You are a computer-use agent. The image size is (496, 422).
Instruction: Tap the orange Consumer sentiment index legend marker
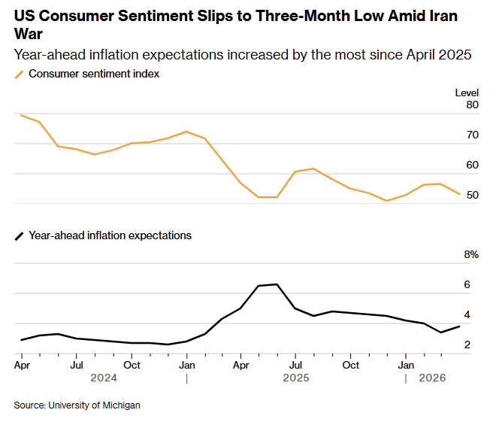(x=20, y=74)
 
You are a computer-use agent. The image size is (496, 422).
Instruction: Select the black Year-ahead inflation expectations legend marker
(x=20, y=236)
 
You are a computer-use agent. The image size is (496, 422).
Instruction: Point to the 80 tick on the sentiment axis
(x=472, y=105)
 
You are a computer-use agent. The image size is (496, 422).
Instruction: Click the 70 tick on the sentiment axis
(x=472, y=135)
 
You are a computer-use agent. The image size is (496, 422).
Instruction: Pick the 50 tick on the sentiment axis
(x=472, y=196)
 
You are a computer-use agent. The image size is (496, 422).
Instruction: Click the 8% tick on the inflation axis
(x=471, y=255)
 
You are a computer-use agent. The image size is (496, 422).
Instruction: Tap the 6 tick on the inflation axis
(x=467, y=285)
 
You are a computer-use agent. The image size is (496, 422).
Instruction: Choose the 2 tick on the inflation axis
(x=467, y=345)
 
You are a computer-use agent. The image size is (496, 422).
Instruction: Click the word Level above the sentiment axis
(x=467, y=93)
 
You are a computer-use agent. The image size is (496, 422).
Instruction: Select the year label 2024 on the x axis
(x=104, y=379)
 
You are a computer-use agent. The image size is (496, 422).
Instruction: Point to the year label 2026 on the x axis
(x=433, y=379)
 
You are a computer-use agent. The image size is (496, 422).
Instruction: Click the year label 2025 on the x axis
(x=296, y=379)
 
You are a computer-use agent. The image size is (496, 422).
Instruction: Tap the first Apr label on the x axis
(x=23, y=366)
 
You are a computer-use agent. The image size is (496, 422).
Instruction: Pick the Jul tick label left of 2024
(x=76, y=366)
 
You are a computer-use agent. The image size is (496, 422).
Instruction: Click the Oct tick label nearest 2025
(x=351, y=366)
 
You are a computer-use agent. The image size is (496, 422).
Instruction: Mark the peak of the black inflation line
(x=277, y=284)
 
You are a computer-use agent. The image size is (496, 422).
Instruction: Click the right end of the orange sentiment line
(x=460, y=194)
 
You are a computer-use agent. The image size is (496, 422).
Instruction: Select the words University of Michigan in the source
(x=94, y=405)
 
